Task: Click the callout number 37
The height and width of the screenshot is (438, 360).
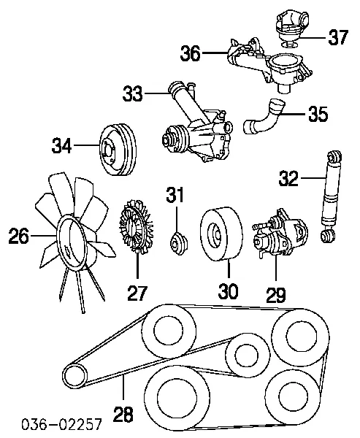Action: point(337,37)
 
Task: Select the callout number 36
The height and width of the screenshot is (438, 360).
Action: point(190,53)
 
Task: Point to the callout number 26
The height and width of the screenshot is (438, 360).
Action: point(18,236)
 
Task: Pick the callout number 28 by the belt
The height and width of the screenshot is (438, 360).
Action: point(124,414)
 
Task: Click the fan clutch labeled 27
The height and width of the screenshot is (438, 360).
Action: point(135,233)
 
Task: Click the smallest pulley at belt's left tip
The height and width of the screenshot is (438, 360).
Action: point(72,376)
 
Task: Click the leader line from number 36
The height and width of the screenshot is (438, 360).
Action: point(213,53)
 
